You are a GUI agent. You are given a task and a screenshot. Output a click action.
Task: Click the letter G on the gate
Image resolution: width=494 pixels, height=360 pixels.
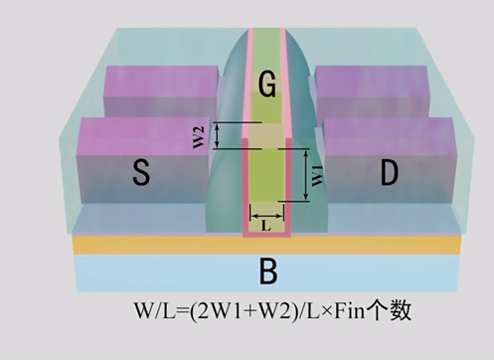click(267, 85)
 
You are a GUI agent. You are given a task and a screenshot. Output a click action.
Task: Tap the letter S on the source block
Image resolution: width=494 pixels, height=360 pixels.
click(141, 172)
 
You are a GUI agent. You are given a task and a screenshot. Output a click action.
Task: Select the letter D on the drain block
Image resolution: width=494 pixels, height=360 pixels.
click(389, 172)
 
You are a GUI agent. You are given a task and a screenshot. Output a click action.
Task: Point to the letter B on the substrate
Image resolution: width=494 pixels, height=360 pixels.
click(268, 271)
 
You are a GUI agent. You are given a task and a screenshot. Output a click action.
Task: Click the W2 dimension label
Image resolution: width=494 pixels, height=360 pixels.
click(199, 137)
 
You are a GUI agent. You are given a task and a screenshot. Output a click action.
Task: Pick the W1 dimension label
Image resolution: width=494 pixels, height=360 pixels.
click(317, 175)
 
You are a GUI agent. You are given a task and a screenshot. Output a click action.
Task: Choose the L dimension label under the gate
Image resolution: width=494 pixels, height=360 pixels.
click(266, 226)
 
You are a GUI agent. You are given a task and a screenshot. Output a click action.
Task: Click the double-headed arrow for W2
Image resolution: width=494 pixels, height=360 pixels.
click(217, 135)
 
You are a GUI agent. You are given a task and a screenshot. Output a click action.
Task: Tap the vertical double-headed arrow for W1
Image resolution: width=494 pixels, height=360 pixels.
click(306, 175)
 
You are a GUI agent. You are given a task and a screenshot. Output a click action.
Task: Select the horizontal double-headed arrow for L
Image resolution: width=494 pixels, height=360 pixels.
click(267, 217)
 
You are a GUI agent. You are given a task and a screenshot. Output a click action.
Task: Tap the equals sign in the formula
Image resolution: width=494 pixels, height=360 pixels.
click(181, 312)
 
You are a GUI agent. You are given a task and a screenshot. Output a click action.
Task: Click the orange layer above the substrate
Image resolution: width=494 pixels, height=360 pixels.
click(266, 245)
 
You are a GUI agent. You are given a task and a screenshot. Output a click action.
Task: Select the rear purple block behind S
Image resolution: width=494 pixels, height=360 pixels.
click(161, 90)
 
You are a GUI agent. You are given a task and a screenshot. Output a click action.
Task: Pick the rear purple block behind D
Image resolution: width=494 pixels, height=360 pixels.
click(372, 90)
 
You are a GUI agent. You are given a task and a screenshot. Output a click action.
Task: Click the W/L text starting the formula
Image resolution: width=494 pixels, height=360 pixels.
click(154, 311)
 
